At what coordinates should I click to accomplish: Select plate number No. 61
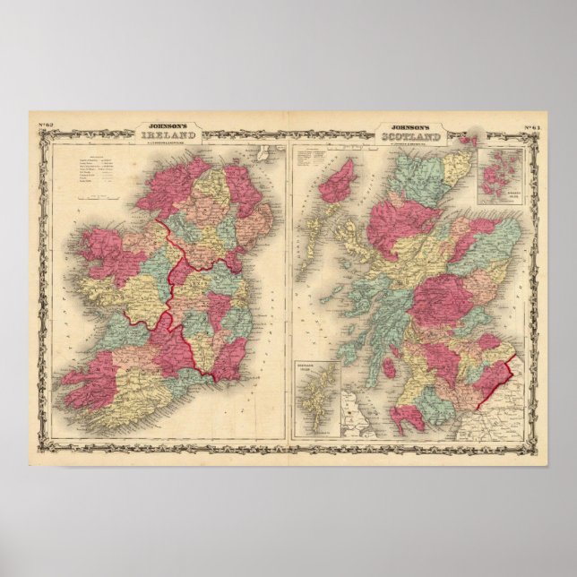(532, 125)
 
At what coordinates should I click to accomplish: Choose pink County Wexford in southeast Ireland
(228, 353)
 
